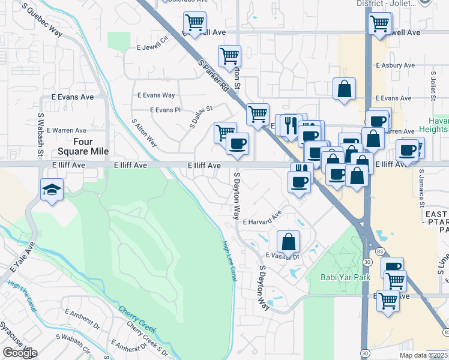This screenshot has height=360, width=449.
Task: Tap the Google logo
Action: point(20,353)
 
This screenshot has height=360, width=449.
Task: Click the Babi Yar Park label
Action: point(338,277)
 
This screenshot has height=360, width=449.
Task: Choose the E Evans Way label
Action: point(156,95)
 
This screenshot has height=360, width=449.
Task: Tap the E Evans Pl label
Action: point(164,110)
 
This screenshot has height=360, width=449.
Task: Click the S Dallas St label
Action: point(201,117)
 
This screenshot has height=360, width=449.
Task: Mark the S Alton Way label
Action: point(145,133)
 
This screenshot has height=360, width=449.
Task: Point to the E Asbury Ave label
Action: point(395,65)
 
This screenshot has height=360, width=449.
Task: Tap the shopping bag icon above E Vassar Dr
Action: point(288,241)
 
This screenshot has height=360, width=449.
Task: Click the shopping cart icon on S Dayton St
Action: point(229,56)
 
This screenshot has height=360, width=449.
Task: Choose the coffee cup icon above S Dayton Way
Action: point(238,143)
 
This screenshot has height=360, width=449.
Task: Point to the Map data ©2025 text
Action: point(423,355)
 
